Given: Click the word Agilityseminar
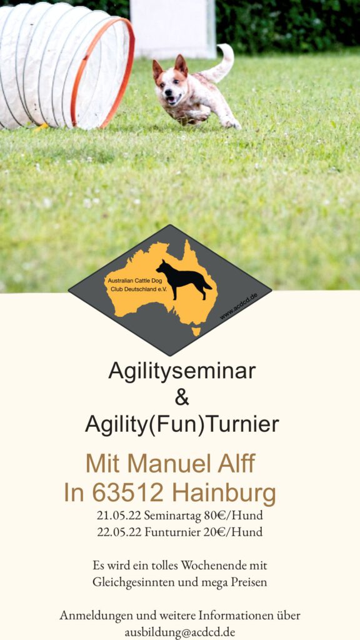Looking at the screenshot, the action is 182,371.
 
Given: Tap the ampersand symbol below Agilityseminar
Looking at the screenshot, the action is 182,397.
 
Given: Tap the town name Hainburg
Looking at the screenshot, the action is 224,494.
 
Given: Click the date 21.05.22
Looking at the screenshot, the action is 119,516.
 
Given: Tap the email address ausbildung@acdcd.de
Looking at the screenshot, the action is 180,632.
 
